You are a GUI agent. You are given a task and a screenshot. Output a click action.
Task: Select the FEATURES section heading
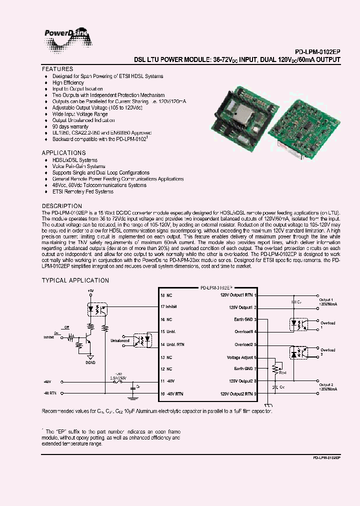(x=57, y=69)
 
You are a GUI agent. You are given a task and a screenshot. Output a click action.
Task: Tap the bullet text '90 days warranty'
(x=71, y=126)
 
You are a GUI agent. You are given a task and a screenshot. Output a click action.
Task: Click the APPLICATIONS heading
(x=63, y=153)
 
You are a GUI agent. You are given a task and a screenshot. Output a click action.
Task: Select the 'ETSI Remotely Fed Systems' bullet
(x=82, y=191)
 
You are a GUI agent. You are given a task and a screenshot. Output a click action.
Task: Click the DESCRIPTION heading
(x=61, y=206)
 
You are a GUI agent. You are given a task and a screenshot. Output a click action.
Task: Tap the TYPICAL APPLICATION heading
(x=75, y=280)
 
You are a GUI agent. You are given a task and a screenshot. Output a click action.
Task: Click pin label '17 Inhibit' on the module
(x=169, y=306)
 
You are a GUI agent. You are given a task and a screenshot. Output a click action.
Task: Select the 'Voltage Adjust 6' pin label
(x=241, y=357)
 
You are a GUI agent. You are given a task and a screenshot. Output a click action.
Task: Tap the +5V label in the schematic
(x=90, y=290)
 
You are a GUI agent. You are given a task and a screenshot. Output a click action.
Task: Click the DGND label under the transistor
(x=90, y=362)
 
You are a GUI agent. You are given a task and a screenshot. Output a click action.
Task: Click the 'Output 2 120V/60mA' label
(x=327, y=386)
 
